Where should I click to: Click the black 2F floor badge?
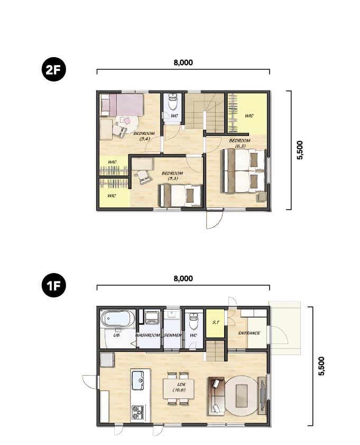pos(53,69)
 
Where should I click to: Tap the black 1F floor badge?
pos(53,285)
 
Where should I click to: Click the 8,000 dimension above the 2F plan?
pos(183,62)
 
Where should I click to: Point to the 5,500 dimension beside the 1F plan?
pos(321,366)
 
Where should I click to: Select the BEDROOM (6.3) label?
pos(240,143)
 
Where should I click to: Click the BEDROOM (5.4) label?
pos(144,136)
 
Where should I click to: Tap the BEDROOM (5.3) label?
pos(172,176)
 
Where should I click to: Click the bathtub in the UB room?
pos(118,319)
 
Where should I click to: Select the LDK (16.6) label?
pos(179,387)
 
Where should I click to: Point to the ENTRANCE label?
pos(249,333)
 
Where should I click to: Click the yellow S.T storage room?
pos(216,323)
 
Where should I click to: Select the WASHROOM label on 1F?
pos(147,335)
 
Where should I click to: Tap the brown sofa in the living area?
pos(217,396)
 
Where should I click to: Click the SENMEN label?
pos(173,335)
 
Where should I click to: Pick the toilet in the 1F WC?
pos(193,321)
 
